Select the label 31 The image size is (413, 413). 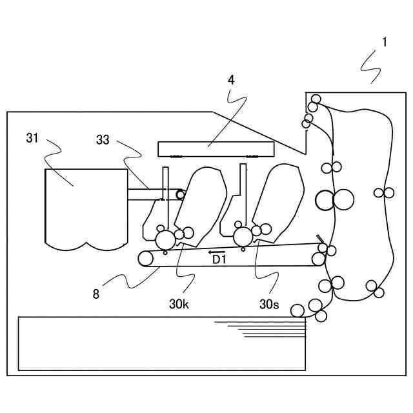(x=33, y=137)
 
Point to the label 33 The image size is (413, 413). (x=103, y=139)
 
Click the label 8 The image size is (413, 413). (x=96, y=294)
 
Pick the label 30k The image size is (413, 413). (x=179, y=303)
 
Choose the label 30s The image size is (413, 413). (x=269, y=303)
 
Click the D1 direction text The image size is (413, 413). (x=219, y=259)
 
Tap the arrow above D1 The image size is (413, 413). (x=217, y=252)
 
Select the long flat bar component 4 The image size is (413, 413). (x=216, y=149)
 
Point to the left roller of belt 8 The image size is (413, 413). (x=146, y=259)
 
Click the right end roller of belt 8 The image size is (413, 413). (x=318, y=259)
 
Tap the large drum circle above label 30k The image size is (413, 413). (x=166, y=240)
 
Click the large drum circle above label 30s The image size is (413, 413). (x=243, y=237)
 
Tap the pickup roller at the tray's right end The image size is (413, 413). (x=297, y=311)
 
